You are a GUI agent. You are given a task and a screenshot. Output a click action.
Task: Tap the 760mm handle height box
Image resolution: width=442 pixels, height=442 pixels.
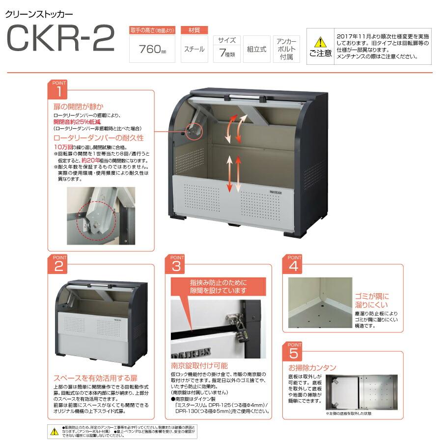pyautogui.click(x=152, y=49)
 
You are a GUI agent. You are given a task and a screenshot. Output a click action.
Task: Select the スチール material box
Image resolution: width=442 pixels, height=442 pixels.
pyautogui.click(x=194, y=49)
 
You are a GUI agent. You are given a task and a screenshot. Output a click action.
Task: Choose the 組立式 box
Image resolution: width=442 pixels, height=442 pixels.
pyautogui.click(x=256, y=49)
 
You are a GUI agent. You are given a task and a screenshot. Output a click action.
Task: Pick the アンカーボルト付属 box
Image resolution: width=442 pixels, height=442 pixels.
pyautogui.click(x=286, y=49)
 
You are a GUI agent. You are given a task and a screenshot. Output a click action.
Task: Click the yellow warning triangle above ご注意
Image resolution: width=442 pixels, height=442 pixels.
pyautogui.click(x=320, y=42)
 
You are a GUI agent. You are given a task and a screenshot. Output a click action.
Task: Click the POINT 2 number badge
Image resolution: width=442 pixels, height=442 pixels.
pyautogui.click(x=59, y=266)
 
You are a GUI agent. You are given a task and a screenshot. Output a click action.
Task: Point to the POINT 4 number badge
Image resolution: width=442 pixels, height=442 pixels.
pyautogui.click(x=294, y=266)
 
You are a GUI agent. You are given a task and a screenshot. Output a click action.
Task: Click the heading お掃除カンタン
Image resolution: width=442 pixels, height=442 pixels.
pyautogui.click(x=312, y=368)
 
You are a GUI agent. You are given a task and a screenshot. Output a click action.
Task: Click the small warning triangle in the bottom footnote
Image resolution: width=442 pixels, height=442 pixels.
pyautogui.click(x=55, y=431)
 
